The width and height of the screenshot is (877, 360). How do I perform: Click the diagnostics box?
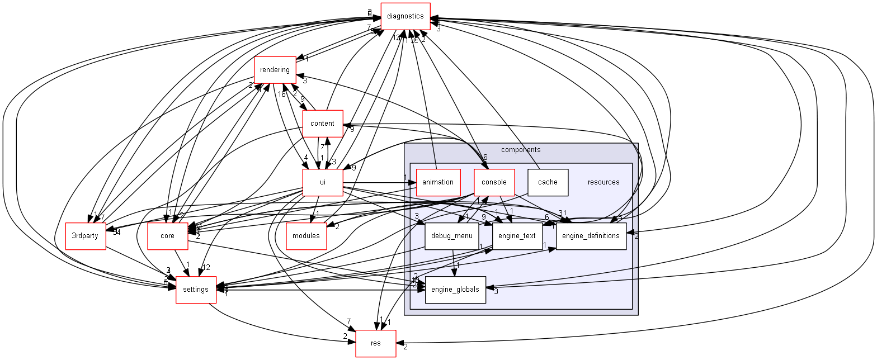pyautogui.click(x=405, y=16)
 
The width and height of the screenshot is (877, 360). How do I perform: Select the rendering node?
pyautogui.click(x=275, y=70)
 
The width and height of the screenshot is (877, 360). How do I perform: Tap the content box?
pyautogui.click(x=322, y=124)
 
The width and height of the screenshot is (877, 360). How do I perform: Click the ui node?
pyautogui.click(x=323, y=182)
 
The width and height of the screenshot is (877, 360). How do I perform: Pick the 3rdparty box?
pyautogui.click(x=85, y=236)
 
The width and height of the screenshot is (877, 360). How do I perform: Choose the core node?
pyautogui.click(x=167, y=236)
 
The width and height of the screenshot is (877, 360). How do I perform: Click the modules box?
pyautogui.click(x=306, y=236)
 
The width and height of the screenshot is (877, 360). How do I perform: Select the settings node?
pyautogui.click(x=196, y=290)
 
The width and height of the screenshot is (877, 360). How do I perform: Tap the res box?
pyautogui.click(x=376, y=343)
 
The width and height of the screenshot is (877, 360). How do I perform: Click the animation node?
pyautogui.click(x=438, y=182)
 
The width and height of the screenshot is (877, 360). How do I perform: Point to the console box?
pyautogui.click(x=494, y=182)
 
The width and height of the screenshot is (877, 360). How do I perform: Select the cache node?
pyautogui.click(x=548, y=182)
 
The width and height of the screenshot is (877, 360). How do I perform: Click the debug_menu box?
pyautogui.click(x=451, y=236)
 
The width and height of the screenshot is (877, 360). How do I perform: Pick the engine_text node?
pyautogui.click(x=517, y=236)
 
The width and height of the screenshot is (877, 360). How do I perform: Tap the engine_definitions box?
pyautogui.click(x=591, y=236)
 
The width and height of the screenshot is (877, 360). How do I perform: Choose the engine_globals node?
pyautogui.click(x=455, y=290)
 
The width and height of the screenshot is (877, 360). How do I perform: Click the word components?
pyautogui.click(x=520, y=150)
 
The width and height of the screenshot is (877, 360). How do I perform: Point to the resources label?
pyautogui.click(x=603, y=182)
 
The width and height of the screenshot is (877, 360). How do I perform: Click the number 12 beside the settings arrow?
pyautogui.click(x=206, y=267)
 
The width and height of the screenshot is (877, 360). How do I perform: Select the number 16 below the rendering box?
pyautogui.click(x=282, y=93)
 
